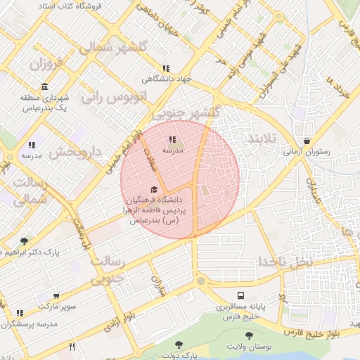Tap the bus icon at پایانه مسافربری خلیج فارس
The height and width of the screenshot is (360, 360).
coord(241,295)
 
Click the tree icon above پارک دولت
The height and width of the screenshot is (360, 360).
coord(177,345)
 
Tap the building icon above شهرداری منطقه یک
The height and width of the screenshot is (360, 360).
coord(45,87)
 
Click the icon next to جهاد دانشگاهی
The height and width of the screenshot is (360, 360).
coord(166,69)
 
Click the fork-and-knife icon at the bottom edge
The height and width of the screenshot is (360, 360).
coord(71,347)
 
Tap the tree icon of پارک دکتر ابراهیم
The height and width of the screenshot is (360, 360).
coord(25,241)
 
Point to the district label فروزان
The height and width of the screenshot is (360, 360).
coord(46,67)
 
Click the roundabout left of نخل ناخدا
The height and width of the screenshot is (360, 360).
coord(201,282)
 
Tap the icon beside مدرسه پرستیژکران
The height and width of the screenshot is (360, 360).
coord(20,313)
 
